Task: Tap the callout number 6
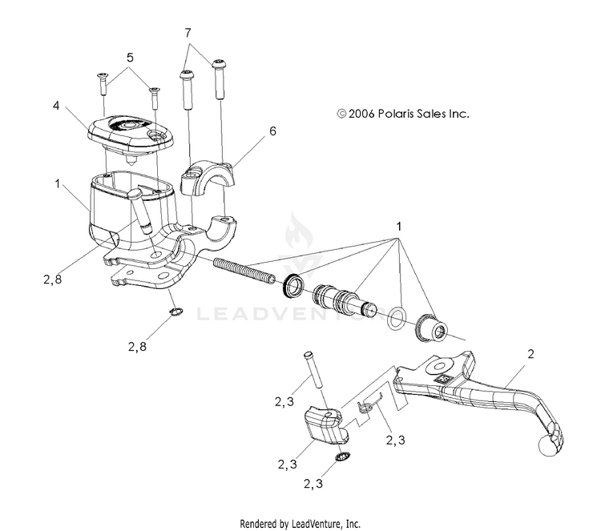tap(272, 131)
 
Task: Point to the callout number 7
tap(188, 33)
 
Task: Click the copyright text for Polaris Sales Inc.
tap(402, 115)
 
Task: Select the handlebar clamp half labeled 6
tap(210, 177)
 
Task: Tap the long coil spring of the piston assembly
tap(245, 268)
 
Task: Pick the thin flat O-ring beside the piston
tap(395, 320)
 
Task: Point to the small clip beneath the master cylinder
tap(175, 312)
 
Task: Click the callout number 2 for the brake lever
tap(530, 353)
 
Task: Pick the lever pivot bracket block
tap(325, 423)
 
